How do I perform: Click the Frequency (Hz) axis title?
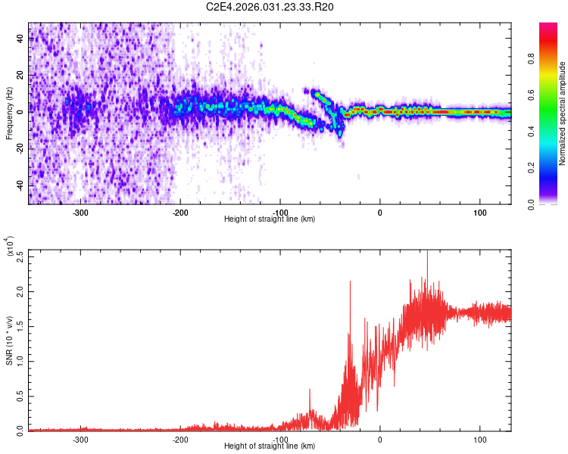click(x=10, y=113)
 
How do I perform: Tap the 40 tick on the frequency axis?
click(x=21, y=40)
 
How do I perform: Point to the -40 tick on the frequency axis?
click(x=21, y=186)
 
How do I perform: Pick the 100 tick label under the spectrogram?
click(x=480, y=213)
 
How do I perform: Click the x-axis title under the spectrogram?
click(x=270, y=219)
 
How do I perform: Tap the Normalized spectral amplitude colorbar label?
click(x=563, y=113)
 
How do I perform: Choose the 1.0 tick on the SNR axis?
click(x=21, y=360)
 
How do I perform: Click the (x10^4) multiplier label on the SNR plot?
click(x=10, y=247)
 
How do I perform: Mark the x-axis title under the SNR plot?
click(x=270, y=446)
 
